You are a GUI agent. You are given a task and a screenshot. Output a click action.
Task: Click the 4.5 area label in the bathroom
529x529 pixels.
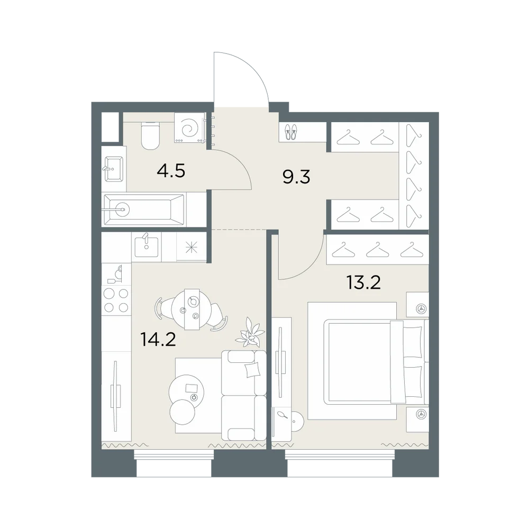click(171, 171)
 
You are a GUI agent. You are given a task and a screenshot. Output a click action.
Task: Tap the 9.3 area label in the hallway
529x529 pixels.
click(297, 177)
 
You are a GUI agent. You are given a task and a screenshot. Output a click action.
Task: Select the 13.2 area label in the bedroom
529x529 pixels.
click(364, 282)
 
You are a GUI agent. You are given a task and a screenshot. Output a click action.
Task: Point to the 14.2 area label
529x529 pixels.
click(158, 340)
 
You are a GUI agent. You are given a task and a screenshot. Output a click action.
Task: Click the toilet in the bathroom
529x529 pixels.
click(150, 135)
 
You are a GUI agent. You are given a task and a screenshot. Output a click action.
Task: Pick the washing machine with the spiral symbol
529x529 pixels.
click(189, 127)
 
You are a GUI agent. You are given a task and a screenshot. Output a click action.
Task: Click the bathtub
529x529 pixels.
click(145, 209)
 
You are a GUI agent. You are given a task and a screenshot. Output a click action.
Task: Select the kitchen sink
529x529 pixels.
click(147, 245)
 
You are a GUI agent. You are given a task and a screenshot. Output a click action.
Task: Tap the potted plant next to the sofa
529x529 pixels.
click(251, 332)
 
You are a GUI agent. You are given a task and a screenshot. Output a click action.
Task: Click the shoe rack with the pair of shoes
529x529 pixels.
click(291, 132)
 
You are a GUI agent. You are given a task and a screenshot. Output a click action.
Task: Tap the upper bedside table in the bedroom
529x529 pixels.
click(417, 305)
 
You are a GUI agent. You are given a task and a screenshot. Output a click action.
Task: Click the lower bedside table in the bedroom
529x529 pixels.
click(417, 419)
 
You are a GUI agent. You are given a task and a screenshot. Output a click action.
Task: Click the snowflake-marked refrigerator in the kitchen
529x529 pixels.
click(191, 248)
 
